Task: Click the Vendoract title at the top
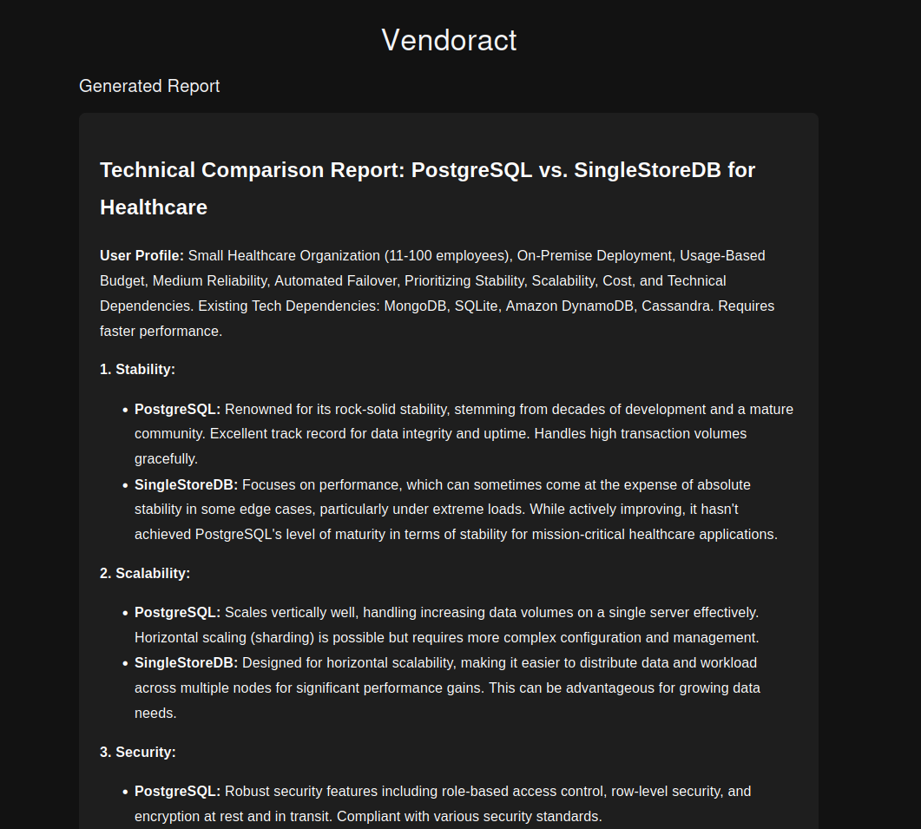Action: point(449,40)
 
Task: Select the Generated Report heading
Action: point(149,86)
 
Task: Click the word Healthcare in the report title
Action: point(154,207)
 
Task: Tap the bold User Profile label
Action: point(141,256)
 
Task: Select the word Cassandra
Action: point(675,306)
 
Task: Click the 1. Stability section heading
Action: point(137,369)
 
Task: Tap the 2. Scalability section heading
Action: point(145,573)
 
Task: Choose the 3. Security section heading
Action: point(138,752)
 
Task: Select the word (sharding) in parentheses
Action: point(287,638)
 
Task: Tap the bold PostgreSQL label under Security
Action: point(177,792)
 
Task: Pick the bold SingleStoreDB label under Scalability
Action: point(186,663)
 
